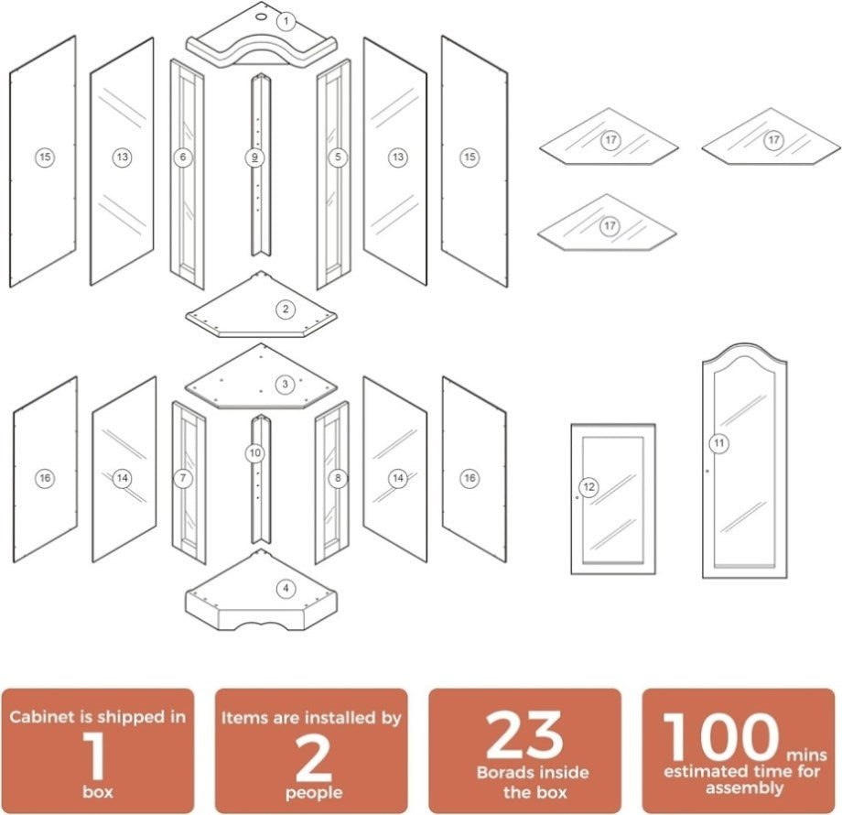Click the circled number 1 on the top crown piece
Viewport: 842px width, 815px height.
[286, 21]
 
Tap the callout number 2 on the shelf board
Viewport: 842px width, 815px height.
[286, 309]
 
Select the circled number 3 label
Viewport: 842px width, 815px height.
[286, 384]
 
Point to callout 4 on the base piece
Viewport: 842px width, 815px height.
[286, 589]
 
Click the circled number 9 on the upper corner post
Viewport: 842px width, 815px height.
[254, 158]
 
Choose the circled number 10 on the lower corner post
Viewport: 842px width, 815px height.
[255, 453]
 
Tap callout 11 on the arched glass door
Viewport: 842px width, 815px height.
[719, 443]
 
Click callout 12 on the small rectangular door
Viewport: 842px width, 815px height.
[589, 487]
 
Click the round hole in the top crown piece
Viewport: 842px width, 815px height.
[261, 16]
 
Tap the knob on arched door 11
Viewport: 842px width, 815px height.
[707, 472]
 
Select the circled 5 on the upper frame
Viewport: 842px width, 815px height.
[338, 157]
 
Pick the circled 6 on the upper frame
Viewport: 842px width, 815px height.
[183, 157]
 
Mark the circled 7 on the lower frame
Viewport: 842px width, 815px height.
[183, 478]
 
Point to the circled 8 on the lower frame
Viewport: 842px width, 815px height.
[338, 478]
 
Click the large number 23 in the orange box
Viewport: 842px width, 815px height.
[524, 735]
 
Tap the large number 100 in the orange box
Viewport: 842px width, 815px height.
[721, 736]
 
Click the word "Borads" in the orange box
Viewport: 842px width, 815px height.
[502, 773]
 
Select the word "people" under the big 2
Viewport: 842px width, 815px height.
[314, 792]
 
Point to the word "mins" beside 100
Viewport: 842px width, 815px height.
[806, 755]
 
